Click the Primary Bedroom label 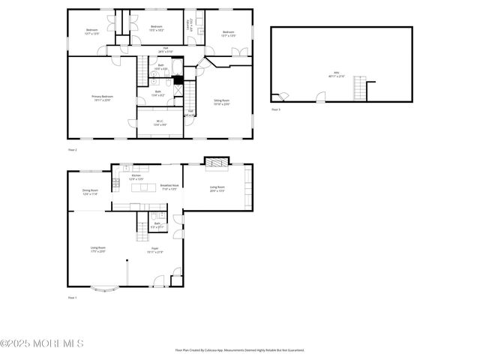click(102, 97)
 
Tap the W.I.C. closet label click(160, 122)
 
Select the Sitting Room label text click(221, 102)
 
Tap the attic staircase click(361, 89)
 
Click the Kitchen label click(136, 177)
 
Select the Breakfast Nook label click(169, 187)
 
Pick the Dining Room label click(90, 192)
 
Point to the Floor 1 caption click(72, 298)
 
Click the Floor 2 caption click(72, 150)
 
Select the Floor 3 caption click(275, 109)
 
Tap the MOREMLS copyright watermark click(42, 343)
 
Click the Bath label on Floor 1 click(157, 224)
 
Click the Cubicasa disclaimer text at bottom click(239, 349)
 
